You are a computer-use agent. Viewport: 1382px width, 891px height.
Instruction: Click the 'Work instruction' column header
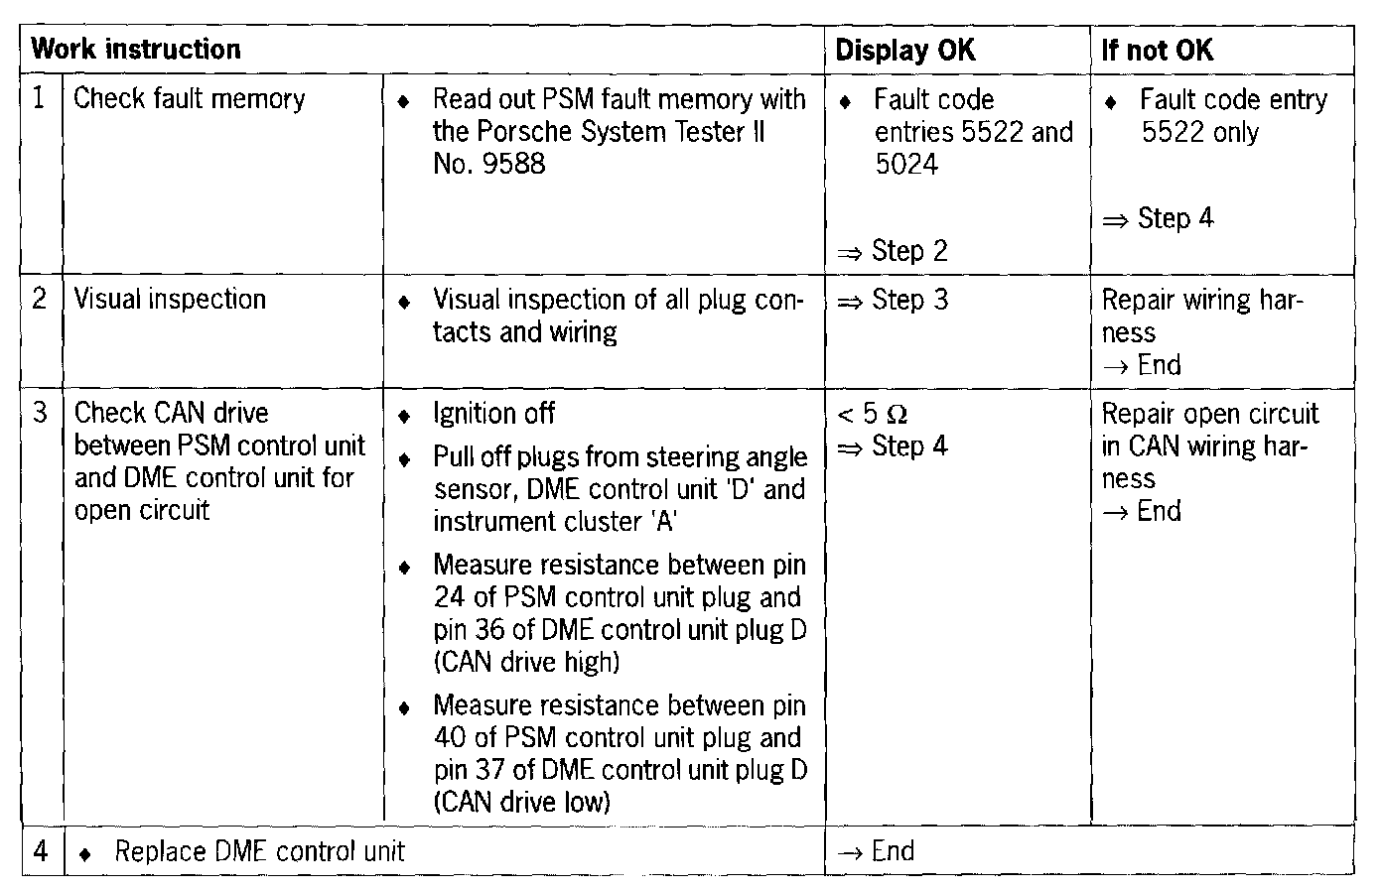pyautogui.click(x=136, y=50)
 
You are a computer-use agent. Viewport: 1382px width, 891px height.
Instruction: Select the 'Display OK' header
pyautogui.click(x=904, y=51)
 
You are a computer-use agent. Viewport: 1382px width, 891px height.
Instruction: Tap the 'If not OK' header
pyautogui.click(x=1157, y=51)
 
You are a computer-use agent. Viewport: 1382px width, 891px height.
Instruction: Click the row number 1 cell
pyautogui.click(x=40, y=98)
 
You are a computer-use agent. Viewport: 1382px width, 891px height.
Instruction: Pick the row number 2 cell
pyautogui.click(x=40, y=299)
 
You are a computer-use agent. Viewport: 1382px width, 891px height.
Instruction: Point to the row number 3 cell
pyautogui.click(x=40, y=413)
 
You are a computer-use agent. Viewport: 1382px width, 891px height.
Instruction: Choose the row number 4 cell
pyautogui.click(x=40, y=851)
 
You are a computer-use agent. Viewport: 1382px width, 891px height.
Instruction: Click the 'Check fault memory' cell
pyautogui.click(x=189, y=99)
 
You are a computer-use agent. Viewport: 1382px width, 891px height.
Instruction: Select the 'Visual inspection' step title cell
pyautogui.click(x=169, y=300)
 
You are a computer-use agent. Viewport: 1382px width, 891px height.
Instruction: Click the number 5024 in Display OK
pyautogui.click(x=905, y=164)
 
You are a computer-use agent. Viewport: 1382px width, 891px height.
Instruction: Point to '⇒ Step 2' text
pyautogui.click(x=893, y=251)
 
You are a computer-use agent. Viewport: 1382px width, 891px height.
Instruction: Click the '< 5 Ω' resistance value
pyautogui.click(x=873, y=414)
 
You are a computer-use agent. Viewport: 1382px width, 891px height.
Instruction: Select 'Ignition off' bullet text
pyautogui.click(x=493, y=414)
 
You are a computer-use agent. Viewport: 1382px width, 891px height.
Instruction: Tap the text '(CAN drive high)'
pyautogui.click(x=526, y=662)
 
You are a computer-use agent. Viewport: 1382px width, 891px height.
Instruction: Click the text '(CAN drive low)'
pyautogui.click(x=522, y=802)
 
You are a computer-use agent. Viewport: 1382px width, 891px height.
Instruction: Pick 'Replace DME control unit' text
pyautogui.click(x=259, y=851)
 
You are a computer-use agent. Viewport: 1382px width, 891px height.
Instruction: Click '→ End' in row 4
pyautogui.click(x=875, y=851)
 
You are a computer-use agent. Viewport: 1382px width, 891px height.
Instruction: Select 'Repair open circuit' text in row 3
pyautogui.click(x=1209, y=414)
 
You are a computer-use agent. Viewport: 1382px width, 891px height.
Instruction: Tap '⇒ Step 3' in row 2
pyautogui.click(x=893, y=300)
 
